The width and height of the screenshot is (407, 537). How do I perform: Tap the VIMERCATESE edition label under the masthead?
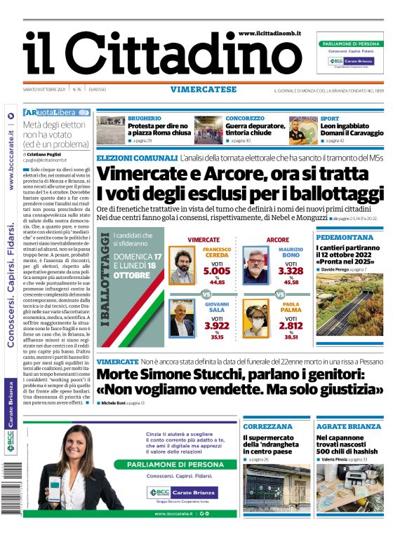click(203, 90)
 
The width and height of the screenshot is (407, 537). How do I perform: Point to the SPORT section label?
click(330, 119)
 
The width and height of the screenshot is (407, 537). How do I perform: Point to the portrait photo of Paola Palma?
click(256, 319)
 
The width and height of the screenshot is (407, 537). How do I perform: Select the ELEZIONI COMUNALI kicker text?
click(137, 159)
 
